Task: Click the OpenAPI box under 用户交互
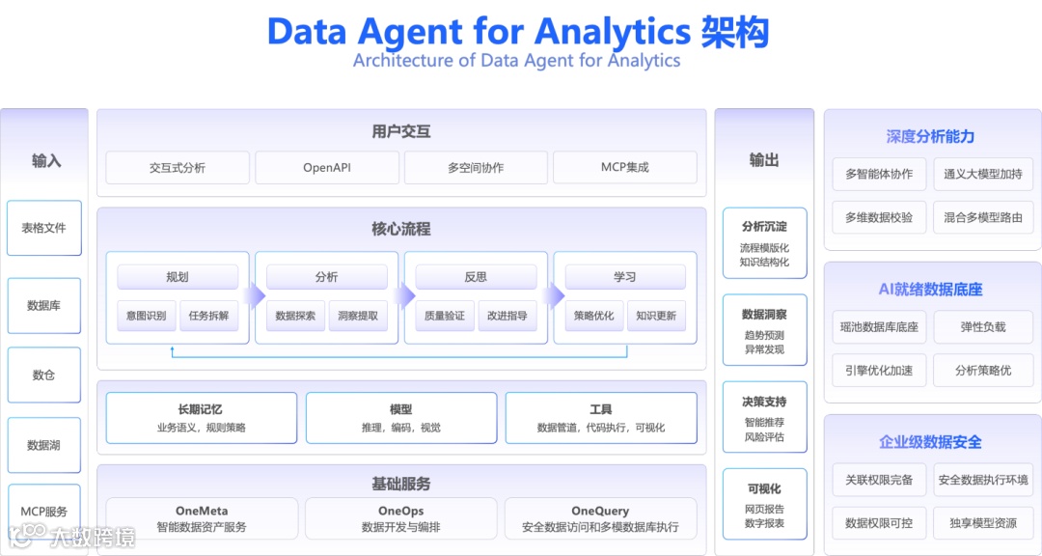coord(327,167)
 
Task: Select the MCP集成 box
coord(624,167)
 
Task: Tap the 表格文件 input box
coord(44,228)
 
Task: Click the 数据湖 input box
coord(44,445)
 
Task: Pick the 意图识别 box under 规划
coord(147,315)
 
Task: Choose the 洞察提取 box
coord(358,315)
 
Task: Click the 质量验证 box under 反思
coord(445,315)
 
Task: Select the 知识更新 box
coord(656,315)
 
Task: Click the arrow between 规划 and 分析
coord(254,295)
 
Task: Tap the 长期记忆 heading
coord(201,409)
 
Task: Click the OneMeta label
coord(202,511)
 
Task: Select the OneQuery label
coord(600,511)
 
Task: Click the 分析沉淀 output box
coord(764,242)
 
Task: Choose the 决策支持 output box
coord(764,416)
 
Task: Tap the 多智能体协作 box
coord(879,174)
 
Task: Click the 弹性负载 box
coord(982,326)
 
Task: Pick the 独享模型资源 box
coord(982,522)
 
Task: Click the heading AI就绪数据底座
coord(930,290)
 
